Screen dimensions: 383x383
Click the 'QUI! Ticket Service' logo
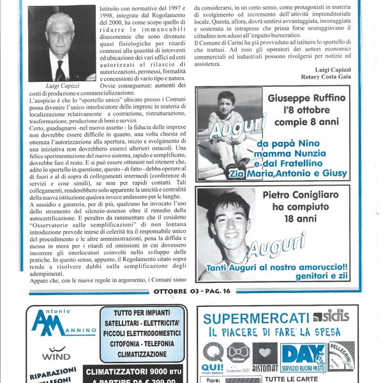(x=213, y=358)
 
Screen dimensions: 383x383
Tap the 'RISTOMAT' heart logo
(x=264, y=357)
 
